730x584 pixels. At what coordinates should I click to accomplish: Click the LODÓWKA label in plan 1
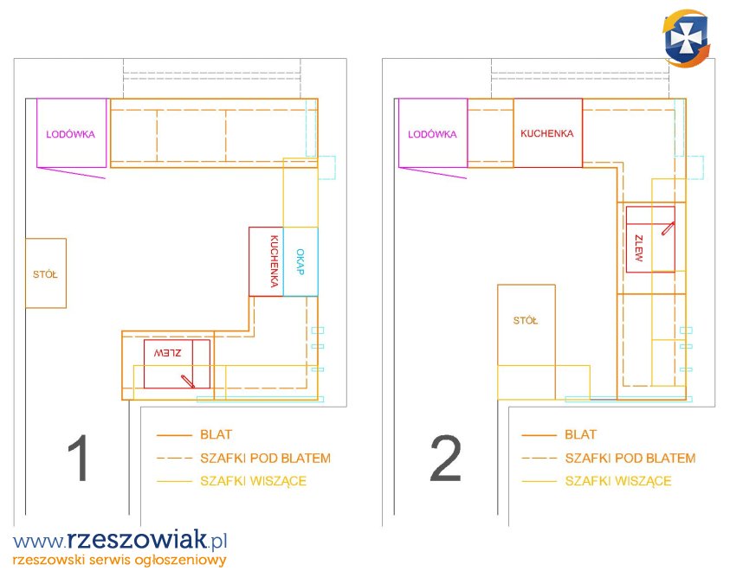(x=70, y=134)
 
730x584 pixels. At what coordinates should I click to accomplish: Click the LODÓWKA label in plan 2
(x=432, y=134)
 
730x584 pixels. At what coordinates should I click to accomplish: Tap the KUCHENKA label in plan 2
(x=547, y=133)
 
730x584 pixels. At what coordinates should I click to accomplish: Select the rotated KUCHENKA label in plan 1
(x=275, y=261)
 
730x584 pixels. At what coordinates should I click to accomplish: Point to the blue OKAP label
(x=300, y=262)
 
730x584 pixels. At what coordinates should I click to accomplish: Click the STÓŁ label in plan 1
(x=45, y=274)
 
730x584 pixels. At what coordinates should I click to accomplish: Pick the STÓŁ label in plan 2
(x=525, y=320)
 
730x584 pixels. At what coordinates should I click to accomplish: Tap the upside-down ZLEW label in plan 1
(x=168, y=353)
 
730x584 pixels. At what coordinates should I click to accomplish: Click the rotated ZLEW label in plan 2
(x=639, y=248)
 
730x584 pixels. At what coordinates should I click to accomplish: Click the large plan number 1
(x=78, y=458)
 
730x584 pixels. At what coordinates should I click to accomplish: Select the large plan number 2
(x=446, y=459)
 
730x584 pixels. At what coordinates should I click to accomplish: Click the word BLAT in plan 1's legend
(x=216, y=434)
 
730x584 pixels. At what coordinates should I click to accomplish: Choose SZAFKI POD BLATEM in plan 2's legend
(x=630, y=458)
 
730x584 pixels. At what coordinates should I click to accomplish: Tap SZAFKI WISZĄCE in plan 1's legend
(x=253, y=481)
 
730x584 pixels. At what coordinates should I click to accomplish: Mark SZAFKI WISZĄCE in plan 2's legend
(x=618, y=481)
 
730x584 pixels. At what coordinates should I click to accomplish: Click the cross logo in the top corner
(x=687, y=38)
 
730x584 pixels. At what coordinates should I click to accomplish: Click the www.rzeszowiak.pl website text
(x=120, y=540)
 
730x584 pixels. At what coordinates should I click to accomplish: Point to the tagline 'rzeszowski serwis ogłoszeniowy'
(x=120, y=560)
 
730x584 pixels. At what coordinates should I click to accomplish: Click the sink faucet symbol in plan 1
(x=188, y=382)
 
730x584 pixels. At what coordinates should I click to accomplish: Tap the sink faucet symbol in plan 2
(x=668, y=228)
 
